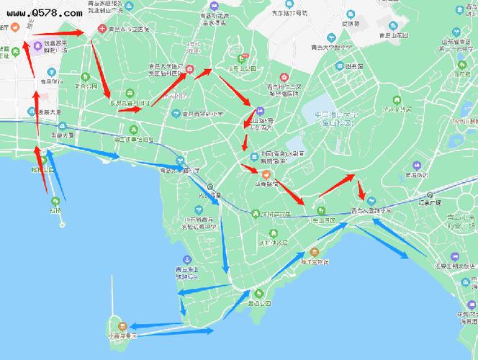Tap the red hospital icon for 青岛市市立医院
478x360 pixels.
coord(102,30)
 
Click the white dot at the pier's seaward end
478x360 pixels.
coord(63,223)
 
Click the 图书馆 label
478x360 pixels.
coord(353,66)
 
